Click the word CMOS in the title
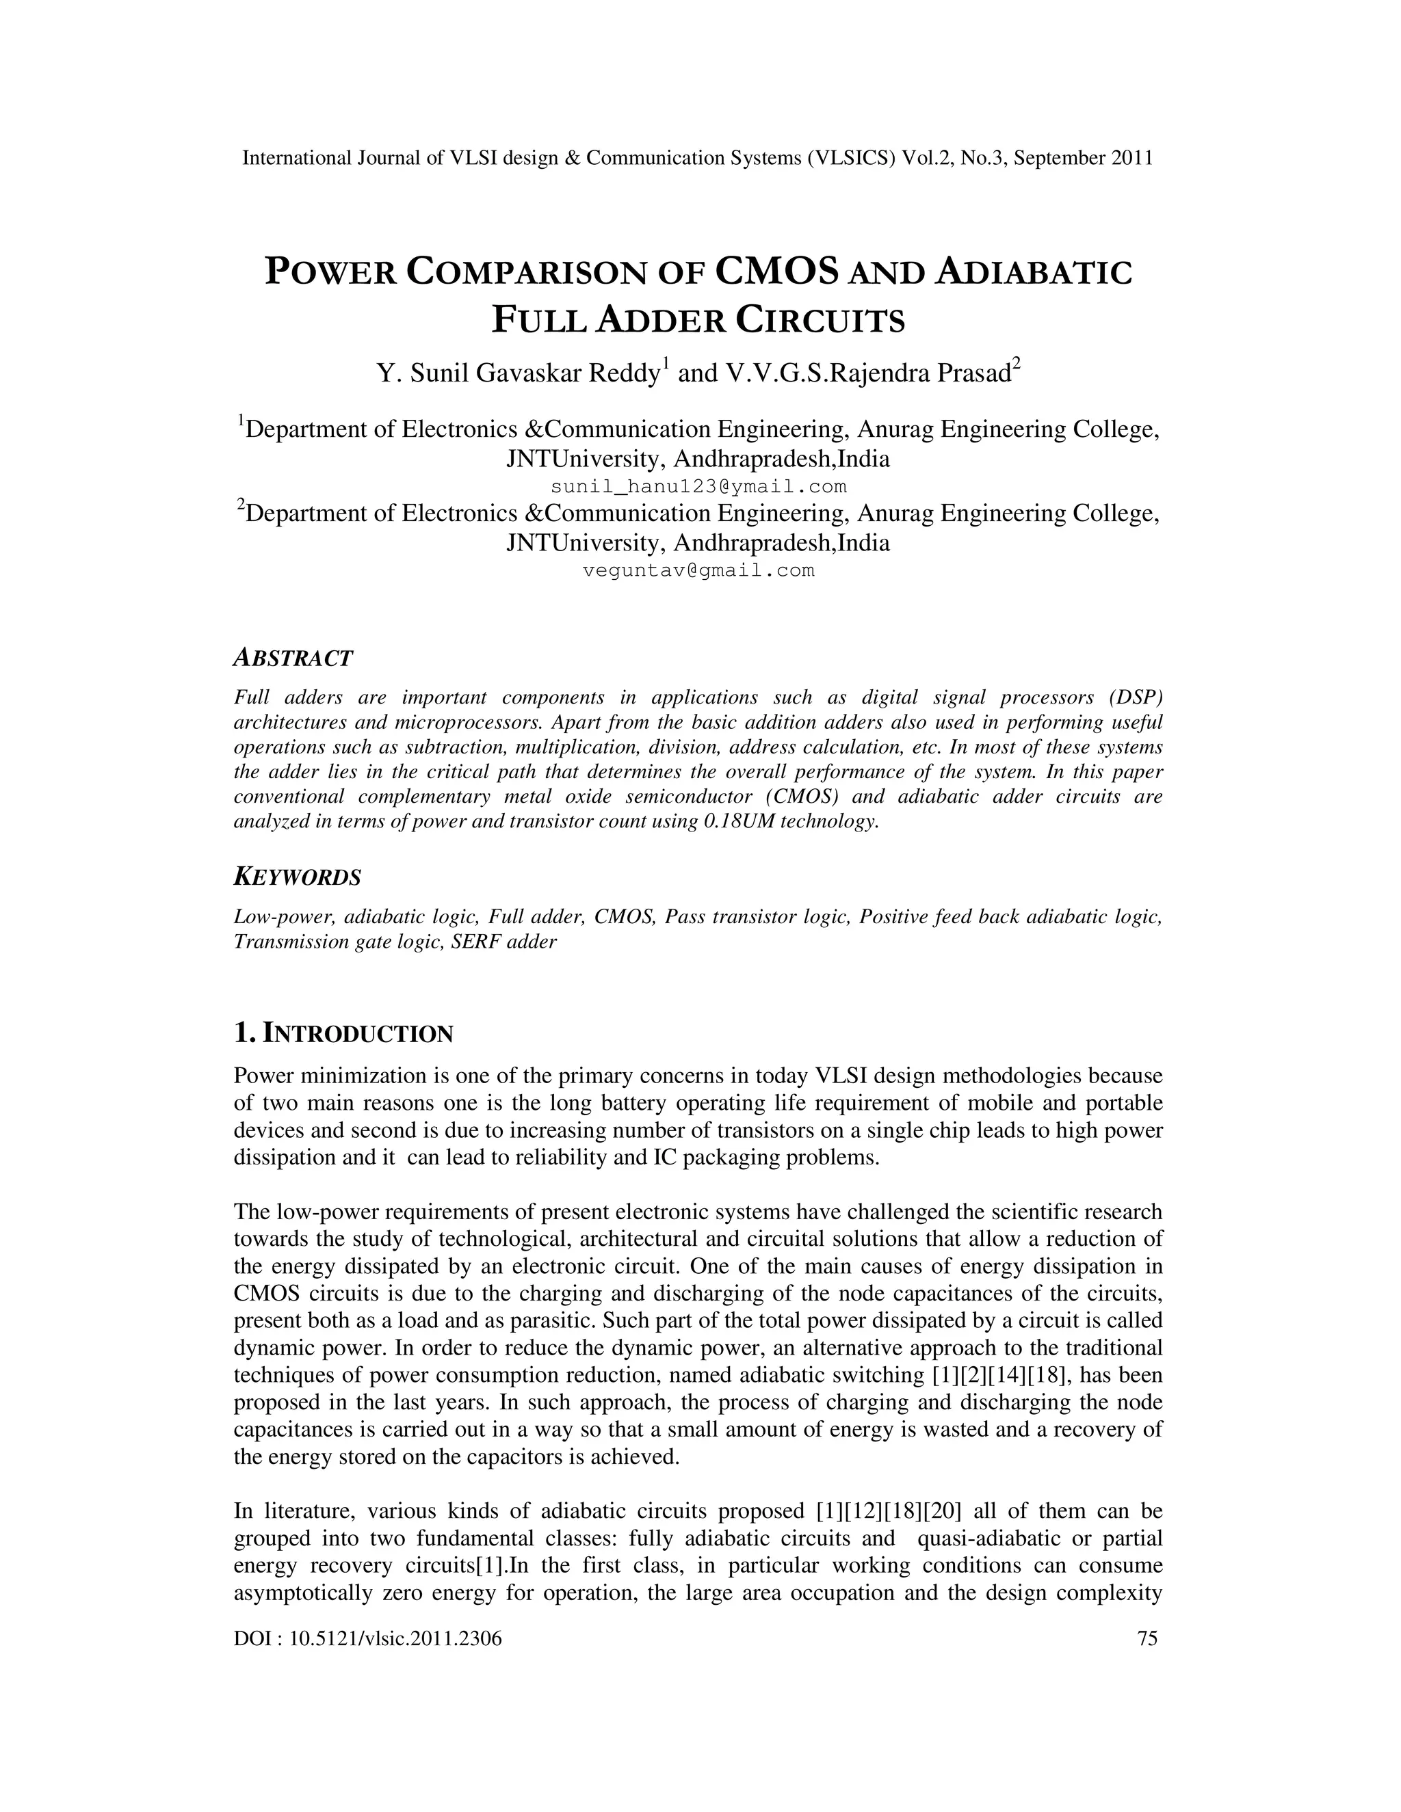[775, 271]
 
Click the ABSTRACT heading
[293, 658]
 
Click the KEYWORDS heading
[297, 877]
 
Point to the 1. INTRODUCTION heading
[343, 1034]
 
